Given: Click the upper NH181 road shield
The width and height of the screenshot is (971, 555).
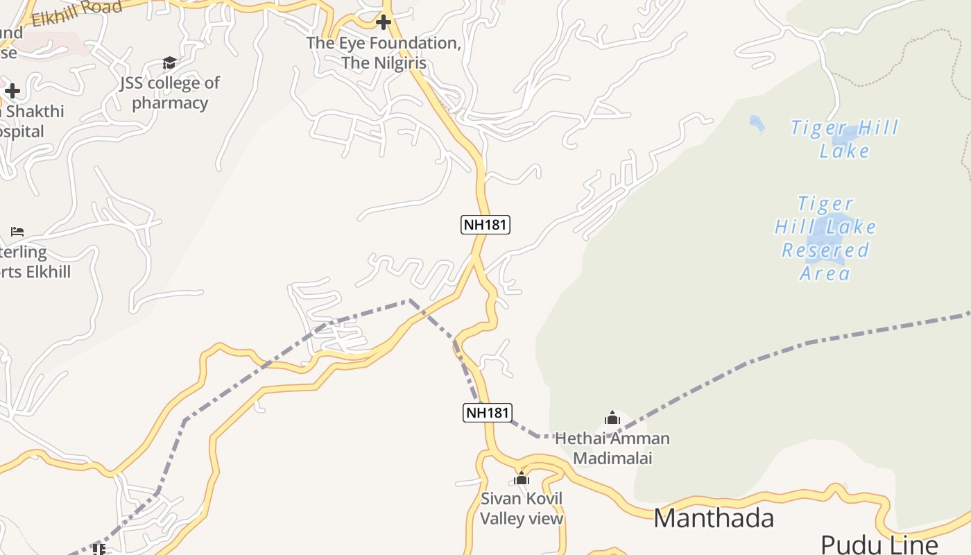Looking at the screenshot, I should (486, 225).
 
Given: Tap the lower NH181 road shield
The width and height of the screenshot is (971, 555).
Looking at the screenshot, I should (487, 413).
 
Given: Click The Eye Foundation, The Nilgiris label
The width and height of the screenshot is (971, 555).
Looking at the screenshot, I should (384, 53).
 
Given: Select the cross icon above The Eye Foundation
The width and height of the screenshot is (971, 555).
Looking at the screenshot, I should (383, 23).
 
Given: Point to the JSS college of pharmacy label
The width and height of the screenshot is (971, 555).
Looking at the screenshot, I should (170, 92).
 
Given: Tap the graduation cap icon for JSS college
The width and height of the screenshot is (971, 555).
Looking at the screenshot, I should (169, 63).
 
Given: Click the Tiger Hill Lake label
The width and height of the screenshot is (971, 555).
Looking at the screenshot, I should (844, 139).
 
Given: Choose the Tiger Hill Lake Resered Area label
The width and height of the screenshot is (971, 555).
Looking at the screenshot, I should (825, 238).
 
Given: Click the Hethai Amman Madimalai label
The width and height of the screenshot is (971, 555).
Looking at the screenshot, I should (612, 448).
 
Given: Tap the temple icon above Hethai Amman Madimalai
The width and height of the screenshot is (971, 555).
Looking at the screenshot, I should (612, 418).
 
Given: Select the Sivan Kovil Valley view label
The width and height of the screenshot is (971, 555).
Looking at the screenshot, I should (522, 509).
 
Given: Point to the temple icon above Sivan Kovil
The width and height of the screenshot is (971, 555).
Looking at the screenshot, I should (522, 478).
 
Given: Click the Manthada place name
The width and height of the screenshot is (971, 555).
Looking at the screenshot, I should (714, 518).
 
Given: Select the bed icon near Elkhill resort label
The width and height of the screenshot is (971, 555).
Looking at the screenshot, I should (17, 231).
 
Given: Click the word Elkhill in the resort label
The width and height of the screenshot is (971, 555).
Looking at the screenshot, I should (49, 271).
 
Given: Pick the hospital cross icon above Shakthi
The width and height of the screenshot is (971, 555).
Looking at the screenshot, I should (12, 91).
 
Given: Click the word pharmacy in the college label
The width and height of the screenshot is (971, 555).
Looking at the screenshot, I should (170, 103).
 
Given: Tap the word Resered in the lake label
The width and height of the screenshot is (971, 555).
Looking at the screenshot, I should (825, 250).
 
